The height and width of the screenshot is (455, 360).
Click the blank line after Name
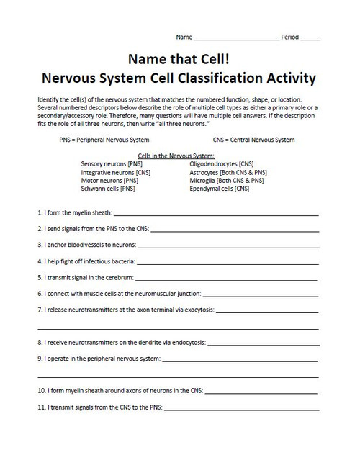237,37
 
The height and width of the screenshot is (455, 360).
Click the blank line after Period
310,37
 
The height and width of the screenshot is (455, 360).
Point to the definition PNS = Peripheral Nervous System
104,140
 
